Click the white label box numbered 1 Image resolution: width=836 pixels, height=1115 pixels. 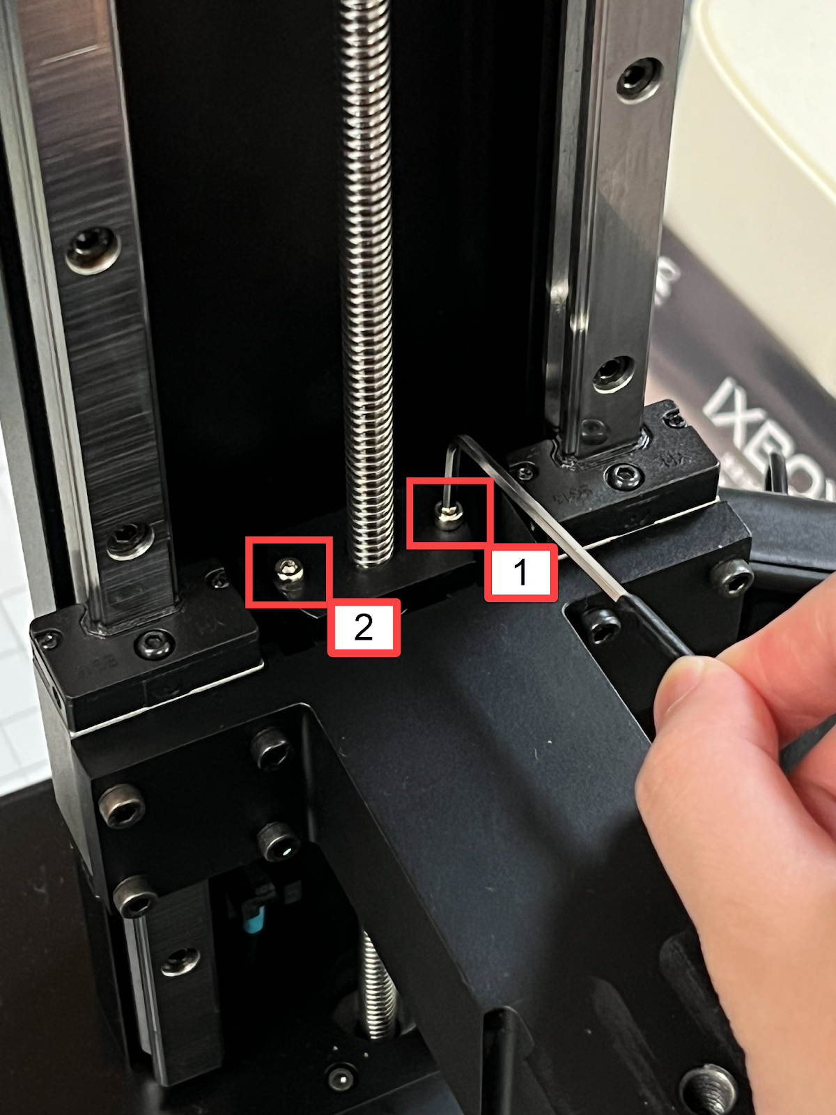(x=520, y=573)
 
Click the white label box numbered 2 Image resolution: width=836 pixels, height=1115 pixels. (x=364, y=627)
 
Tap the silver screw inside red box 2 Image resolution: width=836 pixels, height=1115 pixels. (x=288, y=571)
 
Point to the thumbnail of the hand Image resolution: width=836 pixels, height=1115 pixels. (x=686, y=686)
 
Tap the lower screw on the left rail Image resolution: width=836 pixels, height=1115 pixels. (x=129, y=538)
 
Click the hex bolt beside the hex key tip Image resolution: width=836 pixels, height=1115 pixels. (x=601, y=624)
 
